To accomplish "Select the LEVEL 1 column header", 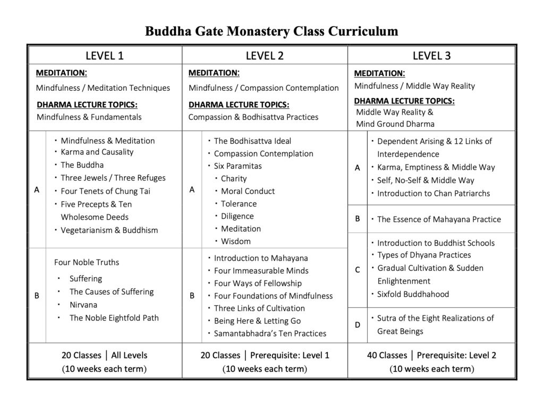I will tap(105, 55).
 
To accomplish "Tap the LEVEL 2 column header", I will tap(265, 55).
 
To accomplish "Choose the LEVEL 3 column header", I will tap(431, 55).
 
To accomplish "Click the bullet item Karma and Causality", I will tap(97, 152).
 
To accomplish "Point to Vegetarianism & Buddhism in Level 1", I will tap(109, 230).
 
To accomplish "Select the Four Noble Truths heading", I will tap(87, 262).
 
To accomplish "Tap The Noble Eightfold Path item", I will tap(114, 318).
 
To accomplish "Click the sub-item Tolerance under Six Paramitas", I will tap(239, 203).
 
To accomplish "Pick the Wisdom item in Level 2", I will tap(236, 241).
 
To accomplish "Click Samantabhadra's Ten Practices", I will tap(270, 333).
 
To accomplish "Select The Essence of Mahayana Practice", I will tap(439, 219).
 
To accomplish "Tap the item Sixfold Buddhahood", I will tap(413, 294).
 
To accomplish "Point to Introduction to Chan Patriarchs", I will tap(433, 193).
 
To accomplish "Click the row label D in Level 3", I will tap(358, 324).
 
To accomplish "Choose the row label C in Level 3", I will tap(358, 270).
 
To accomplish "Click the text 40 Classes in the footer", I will tap(387, 355).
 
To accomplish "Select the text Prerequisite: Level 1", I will tap(290, 355).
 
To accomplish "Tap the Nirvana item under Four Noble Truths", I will tap(82, 305).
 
